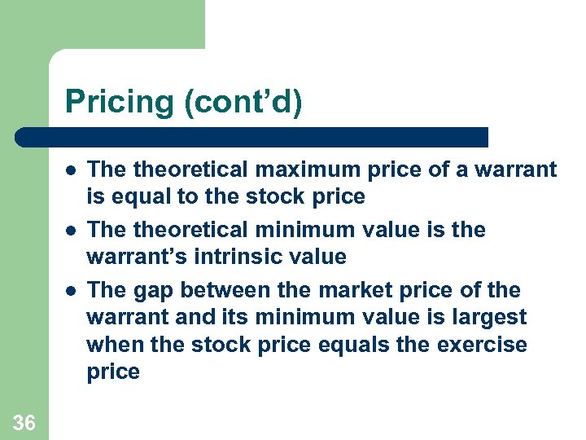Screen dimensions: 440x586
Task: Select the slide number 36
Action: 24,422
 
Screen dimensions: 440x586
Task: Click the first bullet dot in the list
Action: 72,170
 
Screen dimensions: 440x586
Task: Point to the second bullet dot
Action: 72,231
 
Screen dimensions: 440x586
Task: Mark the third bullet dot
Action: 72,291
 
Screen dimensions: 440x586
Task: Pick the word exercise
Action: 482,345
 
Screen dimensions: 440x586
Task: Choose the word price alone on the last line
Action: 113,372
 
